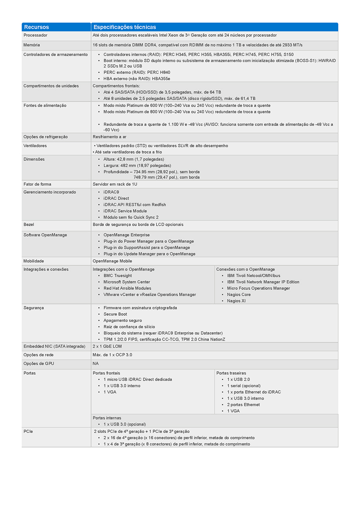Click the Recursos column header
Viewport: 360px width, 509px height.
(x=36, y=27)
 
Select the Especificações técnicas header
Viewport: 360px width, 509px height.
(x=124, y=27)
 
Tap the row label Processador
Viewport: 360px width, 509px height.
(x=35, y=36)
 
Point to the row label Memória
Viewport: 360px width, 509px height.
(x=32, y=45)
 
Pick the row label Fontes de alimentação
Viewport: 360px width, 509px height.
(x=45, y=105)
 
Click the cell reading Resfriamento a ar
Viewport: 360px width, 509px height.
(x=109, y=137)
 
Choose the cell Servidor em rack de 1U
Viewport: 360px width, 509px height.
(x=115, y=184)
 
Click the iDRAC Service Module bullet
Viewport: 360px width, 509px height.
(x=125, y=211)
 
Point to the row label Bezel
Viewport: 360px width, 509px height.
(x=29, y=225)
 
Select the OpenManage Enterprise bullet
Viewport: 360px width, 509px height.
(x=126, y=235)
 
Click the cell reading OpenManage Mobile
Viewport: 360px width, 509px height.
(x=112, y=261)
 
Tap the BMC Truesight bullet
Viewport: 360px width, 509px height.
(x=118, y=276)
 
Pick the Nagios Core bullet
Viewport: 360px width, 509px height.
(x=239, y=295)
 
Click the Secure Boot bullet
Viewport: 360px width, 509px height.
(x=115, y=314)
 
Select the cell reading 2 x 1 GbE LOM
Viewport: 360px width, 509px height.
(x=107, y=346)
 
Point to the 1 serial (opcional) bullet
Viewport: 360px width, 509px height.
(x=244, y=386)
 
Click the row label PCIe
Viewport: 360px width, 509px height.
(x=28, y=432)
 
